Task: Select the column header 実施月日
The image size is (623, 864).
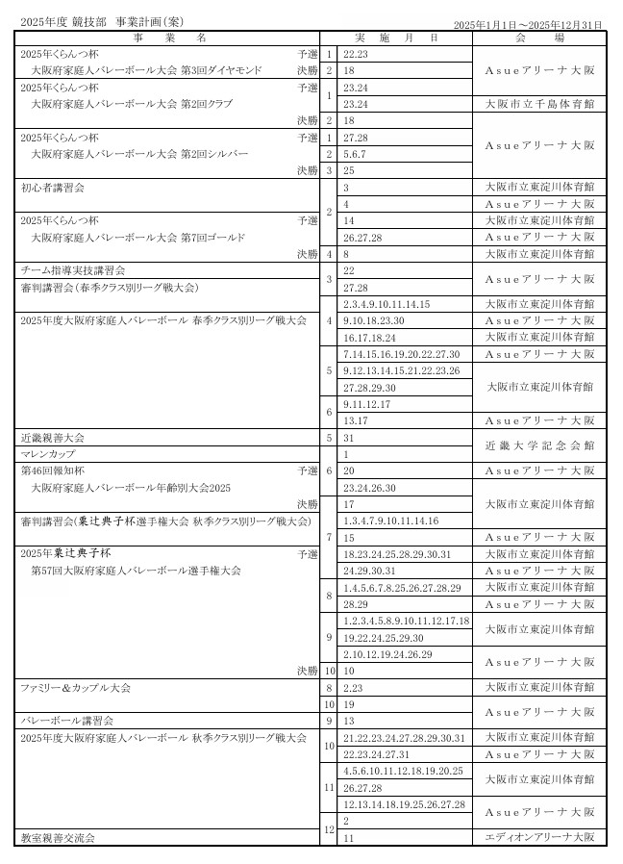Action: tap(409, 38)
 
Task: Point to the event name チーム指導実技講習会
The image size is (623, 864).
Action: tap(73, 270)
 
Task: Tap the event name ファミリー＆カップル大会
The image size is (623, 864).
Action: tap(76, 687)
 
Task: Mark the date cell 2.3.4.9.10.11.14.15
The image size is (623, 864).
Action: tap(386, 304)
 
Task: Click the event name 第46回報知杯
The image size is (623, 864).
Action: tap(53, 470)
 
